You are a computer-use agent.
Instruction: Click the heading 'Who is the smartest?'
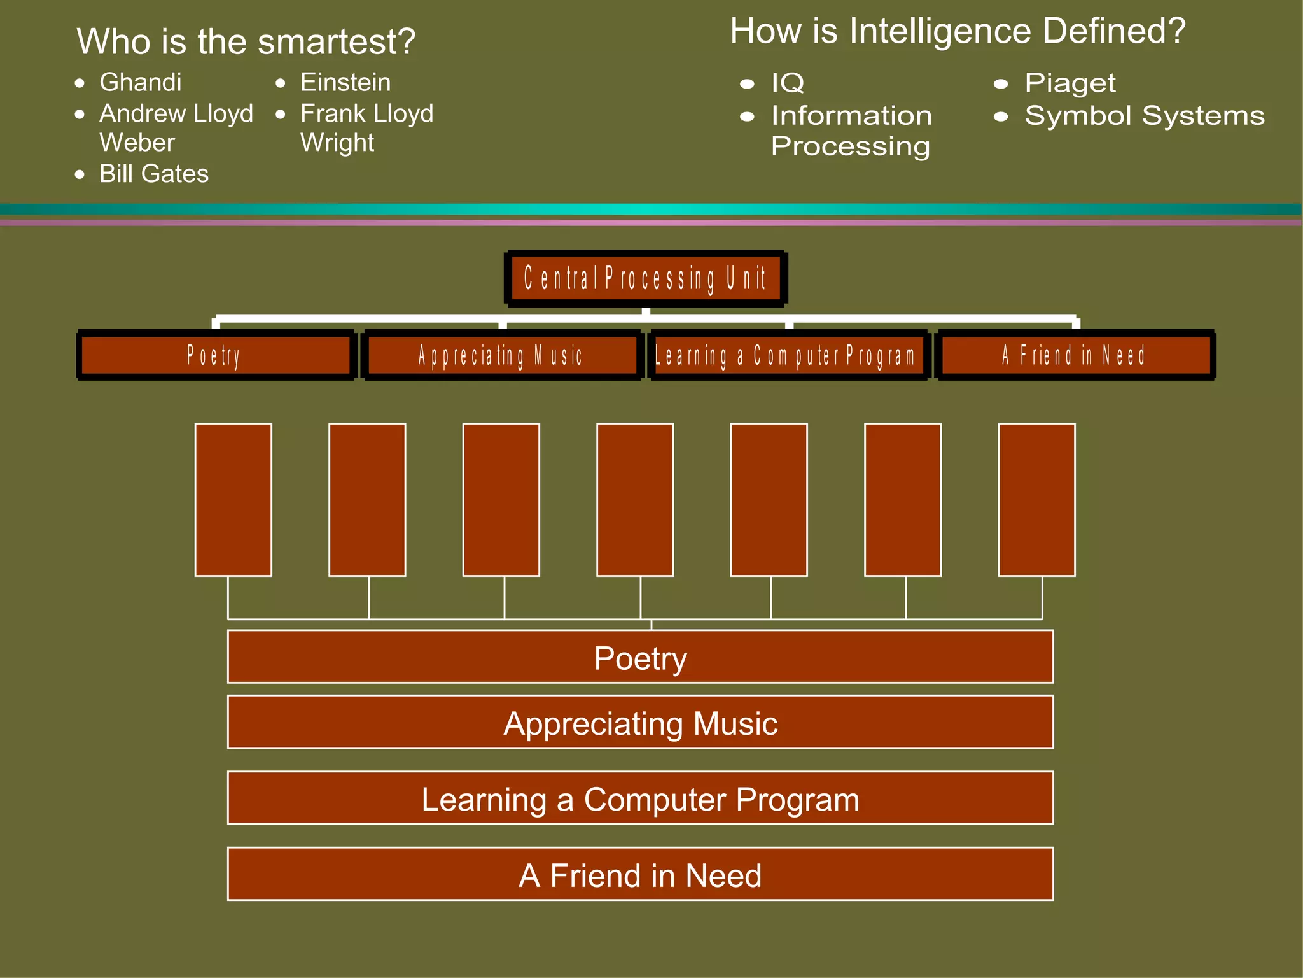tap(246, 42)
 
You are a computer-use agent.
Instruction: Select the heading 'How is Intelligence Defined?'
tap(958, 31)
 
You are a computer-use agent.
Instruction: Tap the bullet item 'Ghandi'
tap(141, 82)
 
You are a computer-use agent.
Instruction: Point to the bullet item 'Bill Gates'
tap(154, 174)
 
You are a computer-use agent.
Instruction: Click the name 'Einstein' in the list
tap(345, 82)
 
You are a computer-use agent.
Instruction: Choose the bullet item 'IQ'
tap(788, 83)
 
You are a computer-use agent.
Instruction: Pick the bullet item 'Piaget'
tap(1070, 83)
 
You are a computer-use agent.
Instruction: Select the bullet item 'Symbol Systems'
tap(1144, 116)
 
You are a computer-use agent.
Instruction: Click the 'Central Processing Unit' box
tap(646, 279)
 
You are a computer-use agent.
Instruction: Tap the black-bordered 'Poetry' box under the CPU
tap(215, 355)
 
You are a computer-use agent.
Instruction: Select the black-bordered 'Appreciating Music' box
tap(502, 355)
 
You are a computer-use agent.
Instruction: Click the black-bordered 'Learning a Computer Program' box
tap(788, 355)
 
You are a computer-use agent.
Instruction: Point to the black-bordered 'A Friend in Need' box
tap(1075, 355)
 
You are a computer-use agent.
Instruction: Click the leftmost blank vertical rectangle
tap(233, 500)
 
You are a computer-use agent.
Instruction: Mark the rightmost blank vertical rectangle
tap(1036, 500)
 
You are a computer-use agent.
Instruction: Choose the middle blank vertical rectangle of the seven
tap(635, 500)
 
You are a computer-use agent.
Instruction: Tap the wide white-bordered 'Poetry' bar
tap(640, 657)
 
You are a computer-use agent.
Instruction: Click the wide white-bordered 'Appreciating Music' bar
tap(640, 723)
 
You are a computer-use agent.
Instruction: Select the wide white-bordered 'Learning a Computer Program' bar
tap(640, 798)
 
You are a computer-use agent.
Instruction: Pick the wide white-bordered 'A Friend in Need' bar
tap(640, 874)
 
